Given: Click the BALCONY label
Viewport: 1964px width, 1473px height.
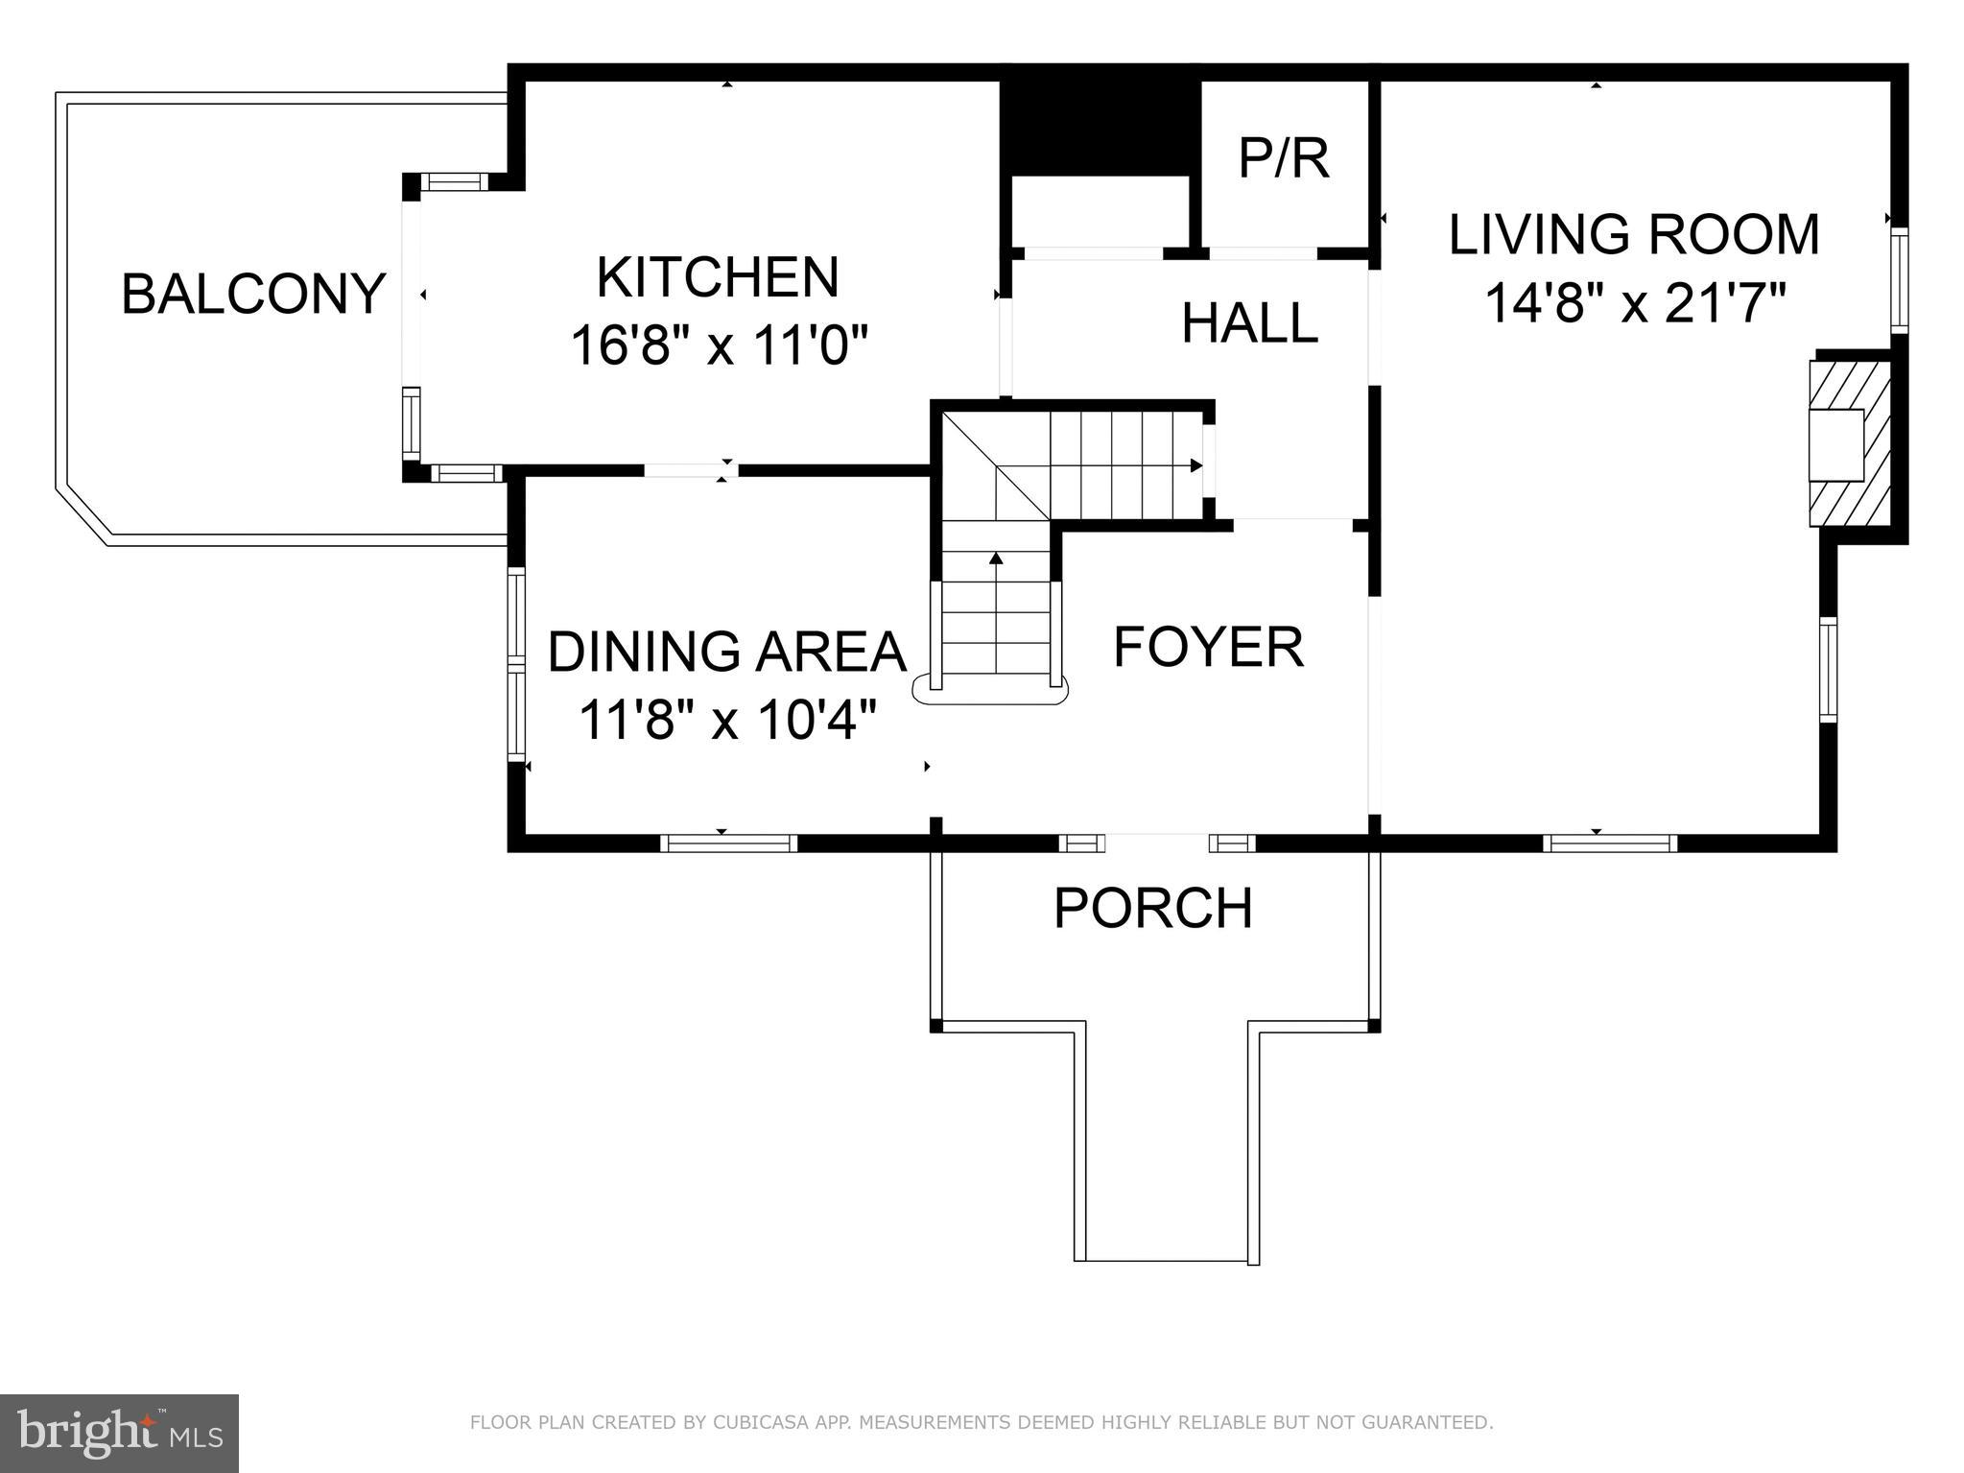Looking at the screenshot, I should coord(253,294).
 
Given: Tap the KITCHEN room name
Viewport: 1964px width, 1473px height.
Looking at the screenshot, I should coord(718,277).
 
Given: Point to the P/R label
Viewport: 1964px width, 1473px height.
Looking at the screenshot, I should coord(1284,158).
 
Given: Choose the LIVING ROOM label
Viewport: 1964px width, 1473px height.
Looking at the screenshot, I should coord(1634,235).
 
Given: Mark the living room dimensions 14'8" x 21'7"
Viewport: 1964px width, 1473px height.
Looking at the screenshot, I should coord(1635,303).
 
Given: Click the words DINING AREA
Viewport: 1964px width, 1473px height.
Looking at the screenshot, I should coord(726,652).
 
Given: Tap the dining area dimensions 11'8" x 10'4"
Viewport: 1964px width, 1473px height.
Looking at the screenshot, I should coord(727,719).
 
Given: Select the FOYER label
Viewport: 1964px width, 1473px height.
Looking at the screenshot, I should coord(1208,647).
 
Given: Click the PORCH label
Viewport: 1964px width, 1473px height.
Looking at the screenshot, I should coord(1153,908).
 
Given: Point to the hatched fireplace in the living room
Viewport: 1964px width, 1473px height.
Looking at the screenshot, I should coord(1849,443).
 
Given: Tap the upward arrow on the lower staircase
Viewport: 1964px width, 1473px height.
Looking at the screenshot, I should coord(996,558).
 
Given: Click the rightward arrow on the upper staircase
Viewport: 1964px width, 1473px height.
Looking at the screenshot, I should coord(1195,465).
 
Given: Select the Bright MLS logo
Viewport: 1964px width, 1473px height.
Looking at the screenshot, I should coord(119,1433).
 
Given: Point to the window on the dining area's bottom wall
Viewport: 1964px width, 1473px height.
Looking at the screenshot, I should coord(728,843).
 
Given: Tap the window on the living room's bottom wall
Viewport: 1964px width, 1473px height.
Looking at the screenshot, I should coord(1610,843).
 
